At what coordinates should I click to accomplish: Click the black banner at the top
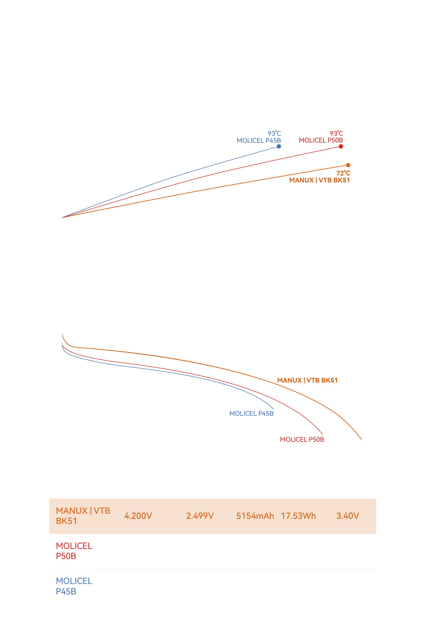click(x=217, y=26)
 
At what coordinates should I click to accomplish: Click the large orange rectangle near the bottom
click(x=217, y=516)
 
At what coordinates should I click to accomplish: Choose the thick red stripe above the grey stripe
click(x=217, y=561)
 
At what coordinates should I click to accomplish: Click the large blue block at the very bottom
click(x=217, y=605)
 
